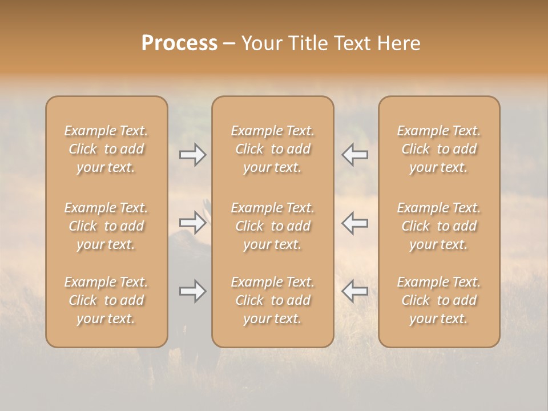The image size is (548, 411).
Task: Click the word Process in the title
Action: [x=179, y=43]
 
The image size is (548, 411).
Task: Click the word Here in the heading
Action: [x=399, y=43]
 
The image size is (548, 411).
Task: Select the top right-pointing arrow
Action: [x=193, y=155]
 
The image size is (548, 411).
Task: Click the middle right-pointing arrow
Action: [x=193, y=223]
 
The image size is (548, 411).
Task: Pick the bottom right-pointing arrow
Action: [x=193, y=292]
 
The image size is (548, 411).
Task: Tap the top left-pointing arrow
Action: [x=355, y=155]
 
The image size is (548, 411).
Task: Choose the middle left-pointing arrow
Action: [x=355, y=223]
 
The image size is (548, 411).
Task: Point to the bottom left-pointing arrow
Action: [x=355, y=292]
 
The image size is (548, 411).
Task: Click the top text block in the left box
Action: [x=106, y=149]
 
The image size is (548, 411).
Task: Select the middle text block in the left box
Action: [x=106, y=226]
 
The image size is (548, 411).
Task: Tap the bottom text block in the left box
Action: [x=106, y=300]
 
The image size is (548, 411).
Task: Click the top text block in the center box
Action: [x=273, y=149]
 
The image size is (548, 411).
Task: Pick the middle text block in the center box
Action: [x=273, y=226]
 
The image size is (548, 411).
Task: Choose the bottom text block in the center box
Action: [x=273, y=300]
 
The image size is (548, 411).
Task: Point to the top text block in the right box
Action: [x=439, y=149]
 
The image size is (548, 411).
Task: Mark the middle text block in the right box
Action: [x=439, y=226]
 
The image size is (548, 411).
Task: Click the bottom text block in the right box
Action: [x=439, y=300]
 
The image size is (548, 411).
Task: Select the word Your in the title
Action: [x=260, y=43]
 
